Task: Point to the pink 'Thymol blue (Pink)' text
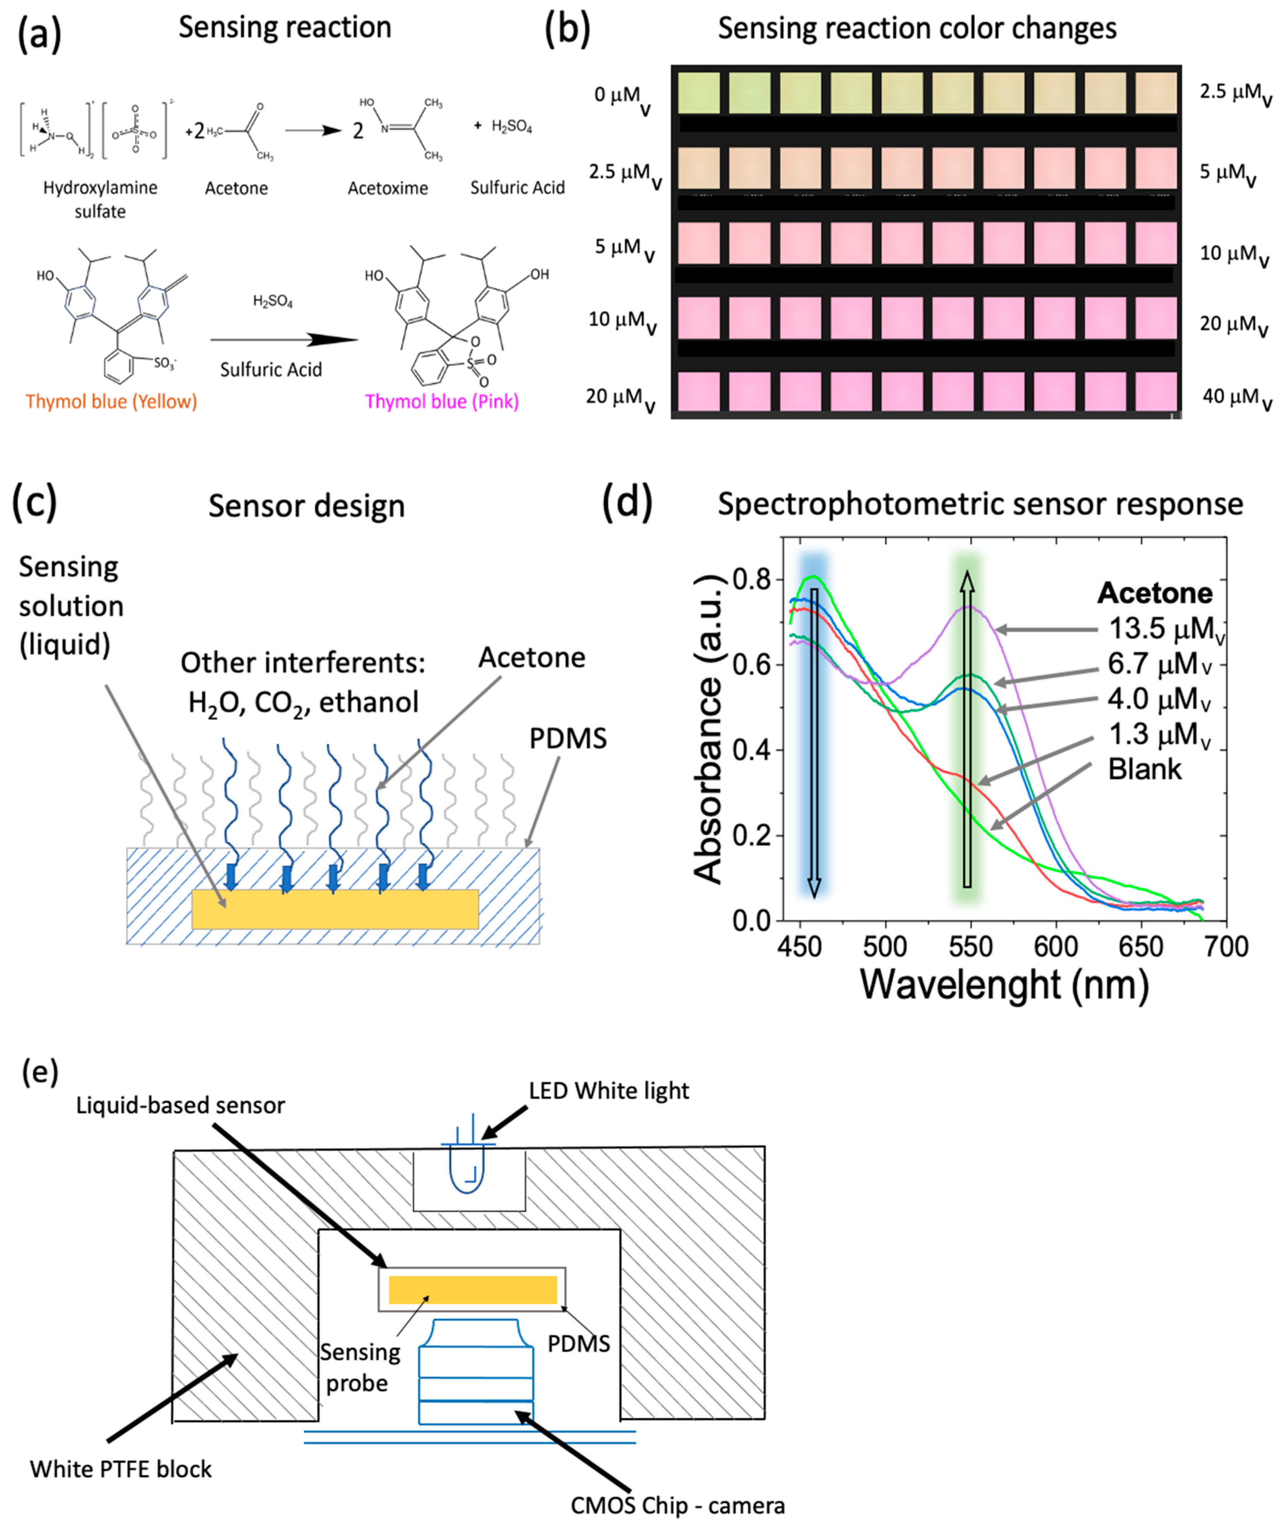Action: [x=442, y=401]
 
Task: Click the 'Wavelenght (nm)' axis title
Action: [x=1004, y=984]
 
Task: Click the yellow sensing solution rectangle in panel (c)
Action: [x=335, y=908]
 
